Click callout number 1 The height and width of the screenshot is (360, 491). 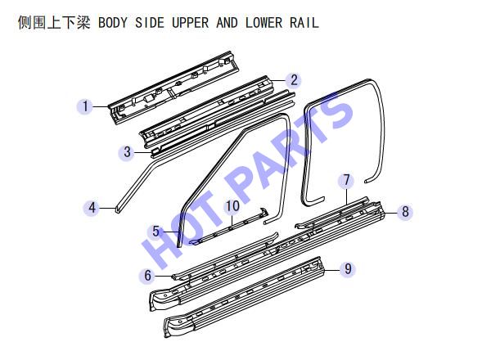[x=85, y=106]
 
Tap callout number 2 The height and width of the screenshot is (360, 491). [x=294, y=80]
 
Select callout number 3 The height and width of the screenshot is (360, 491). [x=127, y=152]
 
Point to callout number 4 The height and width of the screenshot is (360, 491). [x=92, y=208]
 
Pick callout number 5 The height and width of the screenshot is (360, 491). [x=156, y=232]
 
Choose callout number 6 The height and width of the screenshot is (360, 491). [x=148, y=276]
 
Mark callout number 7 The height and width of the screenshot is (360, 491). [x=346, y=180]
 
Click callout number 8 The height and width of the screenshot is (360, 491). [x=405, y=212]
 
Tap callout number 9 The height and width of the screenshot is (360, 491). [x=348, y=268]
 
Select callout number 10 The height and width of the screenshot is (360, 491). [x=232, y=206]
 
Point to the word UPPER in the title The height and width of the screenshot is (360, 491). [x=191, y=23]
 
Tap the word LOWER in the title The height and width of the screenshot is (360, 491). [x=264, y=23]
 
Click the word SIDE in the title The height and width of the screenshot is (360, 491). [x=150, y=23]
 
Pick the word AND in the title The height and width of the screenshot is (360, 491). [x=227, y=23]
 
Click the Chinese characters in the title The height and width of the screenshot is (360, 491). [x=54, y=23]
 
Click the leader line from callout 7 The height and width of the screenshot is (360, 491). [x=347, y=196]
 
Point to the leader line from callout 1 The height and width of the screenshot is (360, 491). [x=100, y=106]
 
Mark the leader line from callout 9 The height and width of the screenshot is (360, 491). [x=332, y=269]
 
